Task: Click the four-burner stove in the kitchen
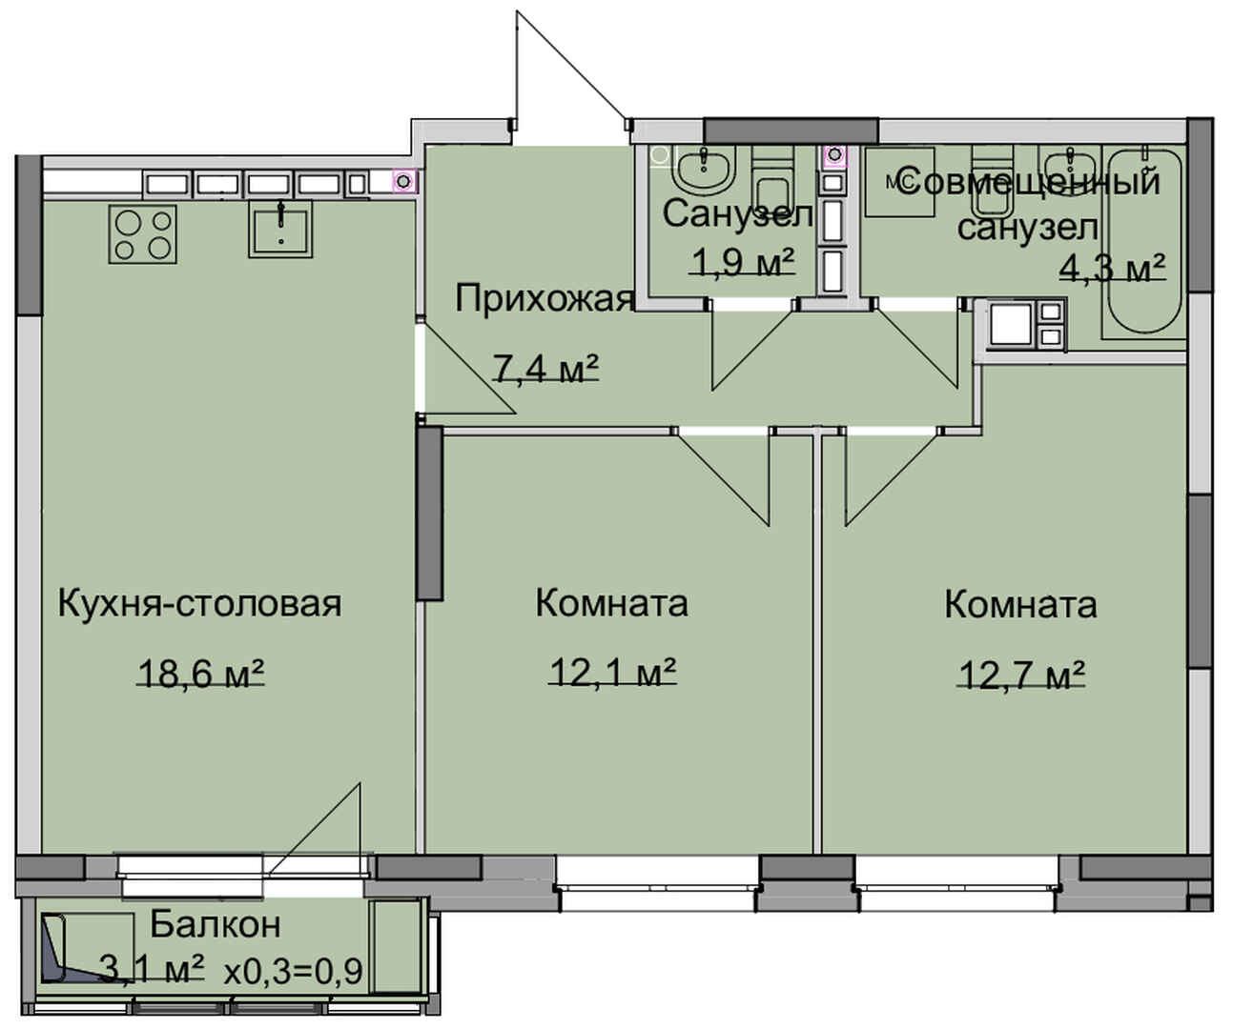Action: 142,234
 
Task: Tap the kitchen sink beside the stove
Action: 280,229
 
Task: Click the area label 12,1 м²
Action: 612,673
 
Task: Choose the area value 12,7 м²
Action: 1021,675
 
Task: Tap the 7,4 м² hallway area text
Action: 546,369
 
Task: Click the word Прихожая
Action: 545,299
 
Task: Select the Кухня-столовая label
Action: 199,604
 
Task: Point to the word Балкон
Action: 215,924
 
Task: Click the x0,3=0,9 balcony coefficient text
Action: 293,971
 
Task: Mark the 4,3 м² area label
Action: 1113,269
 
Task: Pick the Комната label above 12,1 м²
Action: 612,604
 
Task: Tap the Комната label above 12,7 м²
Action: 1021,605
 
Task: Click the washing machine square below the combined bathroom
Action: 1011,324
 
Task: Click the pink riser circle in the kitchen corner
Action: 404,180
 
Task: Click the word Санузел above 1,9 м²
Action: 738,213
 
